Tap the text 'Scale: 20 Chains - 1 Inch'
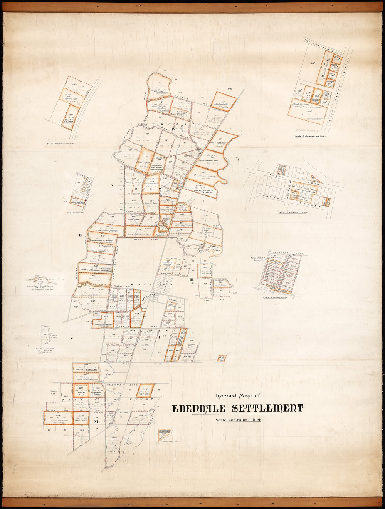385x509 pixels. coord(238,420)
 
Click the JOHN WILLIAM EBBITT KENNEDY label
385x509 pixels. coord(202,190)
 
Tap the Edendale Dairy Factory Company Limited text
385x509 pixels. coord(308,106)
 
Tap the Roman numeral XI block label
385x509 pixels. coord(97,422)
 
